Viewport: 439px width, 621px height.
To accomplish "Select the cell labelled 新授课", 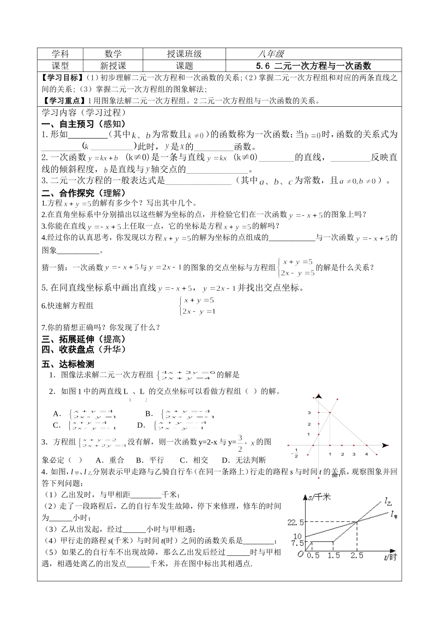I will pyautogui.click(x=113, y=66).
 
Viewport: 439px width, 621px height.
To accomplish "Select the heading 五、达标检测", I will pyautogui.click(x=67, y=364).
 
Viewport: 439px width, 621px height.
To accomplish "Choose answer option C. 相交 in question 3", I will pyautogui.click(x=194, y=460).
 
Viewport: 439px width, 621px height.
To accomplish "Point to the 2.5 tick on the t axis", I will pyautogui.click(x=357, y=555).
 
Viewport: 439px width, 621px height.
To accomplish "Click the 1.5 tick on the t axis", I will pyautogui.click(x=334, y=555).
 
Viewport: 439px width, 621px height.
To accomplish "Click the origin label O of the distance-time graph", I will pyautogui.click(x=300, y=554).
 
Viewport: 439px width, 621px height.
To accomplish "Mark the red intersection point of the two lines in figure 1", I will pyautogui.click(x=330, y=413).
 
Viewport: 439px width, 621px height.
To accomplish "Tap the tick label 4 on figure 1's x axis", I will pyautogui.click(x=366, y=454).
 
